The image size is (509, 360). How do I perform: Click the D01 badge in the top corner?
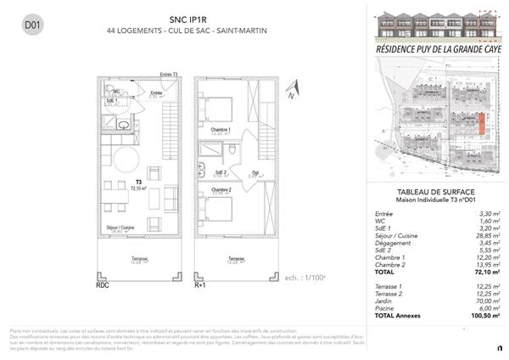[x=33, y=25]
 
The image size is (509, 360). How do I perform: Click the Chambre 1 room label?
[x=221, y=130]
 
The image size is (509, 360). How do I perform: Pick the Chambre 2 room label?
[x=221, y=190]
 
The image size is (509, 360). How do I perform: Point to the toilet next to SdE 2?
[x=231, y=149]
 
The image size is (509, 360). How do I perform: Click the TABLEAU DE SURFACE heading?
[x=433, y=192]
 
